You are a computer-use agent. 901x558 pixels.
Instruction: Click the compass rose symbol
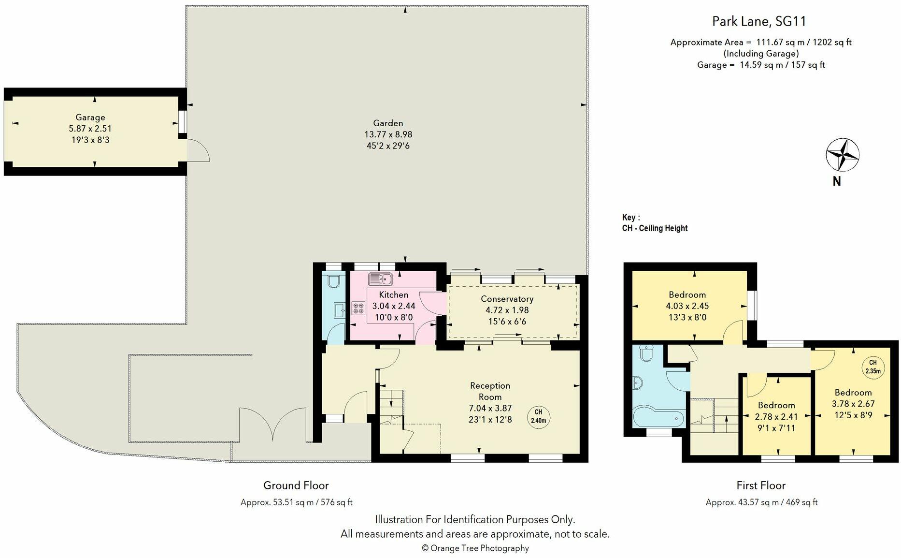843,155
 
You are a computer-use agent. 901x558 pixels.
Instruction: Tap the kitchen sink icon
380,279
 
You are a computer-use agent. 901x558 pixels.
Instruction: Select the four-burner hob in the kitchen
358,308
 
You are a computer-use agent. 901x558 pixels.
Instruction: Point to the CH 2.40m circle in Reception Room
538,416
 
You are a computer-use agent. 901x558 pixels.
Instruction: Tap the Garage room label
90,117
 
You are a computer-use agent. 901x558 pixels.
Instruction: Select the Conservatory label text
507,299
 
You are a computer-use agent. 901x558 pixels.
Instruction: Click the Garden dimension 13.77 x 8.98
388,134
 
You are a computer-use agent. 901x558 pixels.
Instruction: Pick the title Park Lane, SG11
759,21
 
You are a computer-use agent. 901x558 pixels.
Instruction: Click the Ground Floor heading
296,485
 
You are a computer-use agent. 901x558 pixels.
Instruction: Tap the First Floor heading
761,485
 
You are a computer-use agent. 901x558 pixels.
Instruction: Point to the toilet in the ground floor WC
334,280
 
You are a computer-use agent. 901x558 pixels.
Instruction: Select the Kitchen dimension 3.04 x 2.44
393,306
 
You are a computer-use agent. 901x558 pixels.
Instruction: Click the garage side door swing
198,150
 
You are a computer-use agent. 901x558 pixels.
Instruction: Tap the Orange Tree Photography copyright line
475,548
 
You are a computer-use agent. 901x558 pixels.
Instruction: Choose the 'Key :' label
631,217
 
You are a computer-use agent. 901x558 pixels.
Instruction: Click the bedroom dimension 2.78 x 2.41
776,416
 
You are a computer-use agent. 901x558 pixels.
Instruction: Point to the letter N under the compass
837,181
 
